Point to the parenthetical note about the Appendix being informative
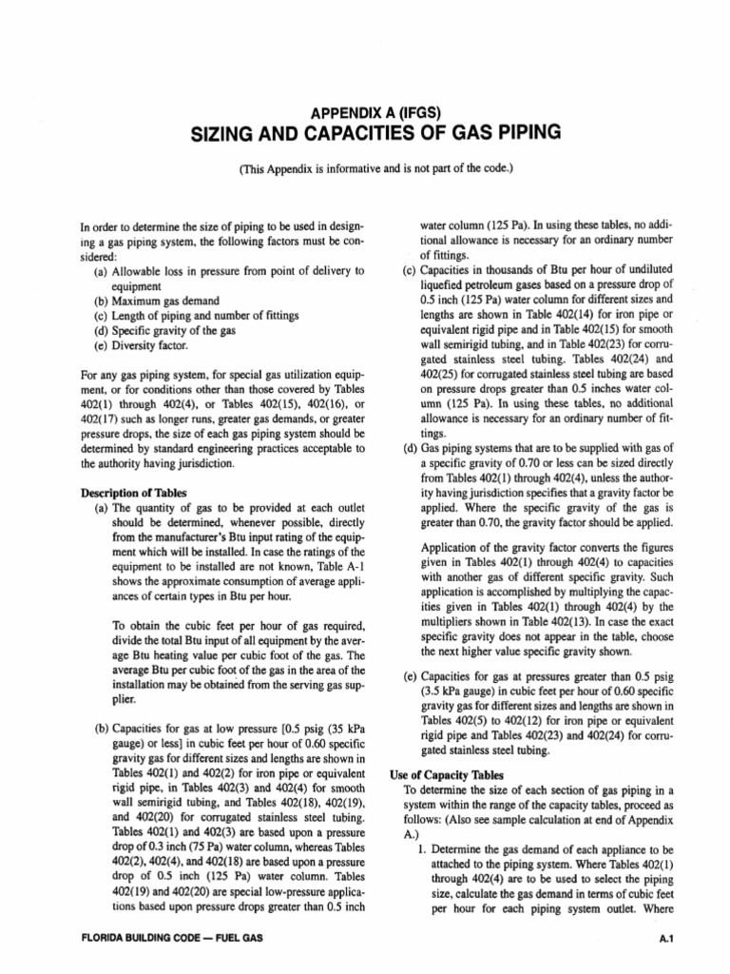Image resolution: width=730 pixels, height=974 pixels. coord(364,168)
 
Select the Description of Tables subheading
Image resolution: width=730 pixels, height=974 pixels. coord(133,492)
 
